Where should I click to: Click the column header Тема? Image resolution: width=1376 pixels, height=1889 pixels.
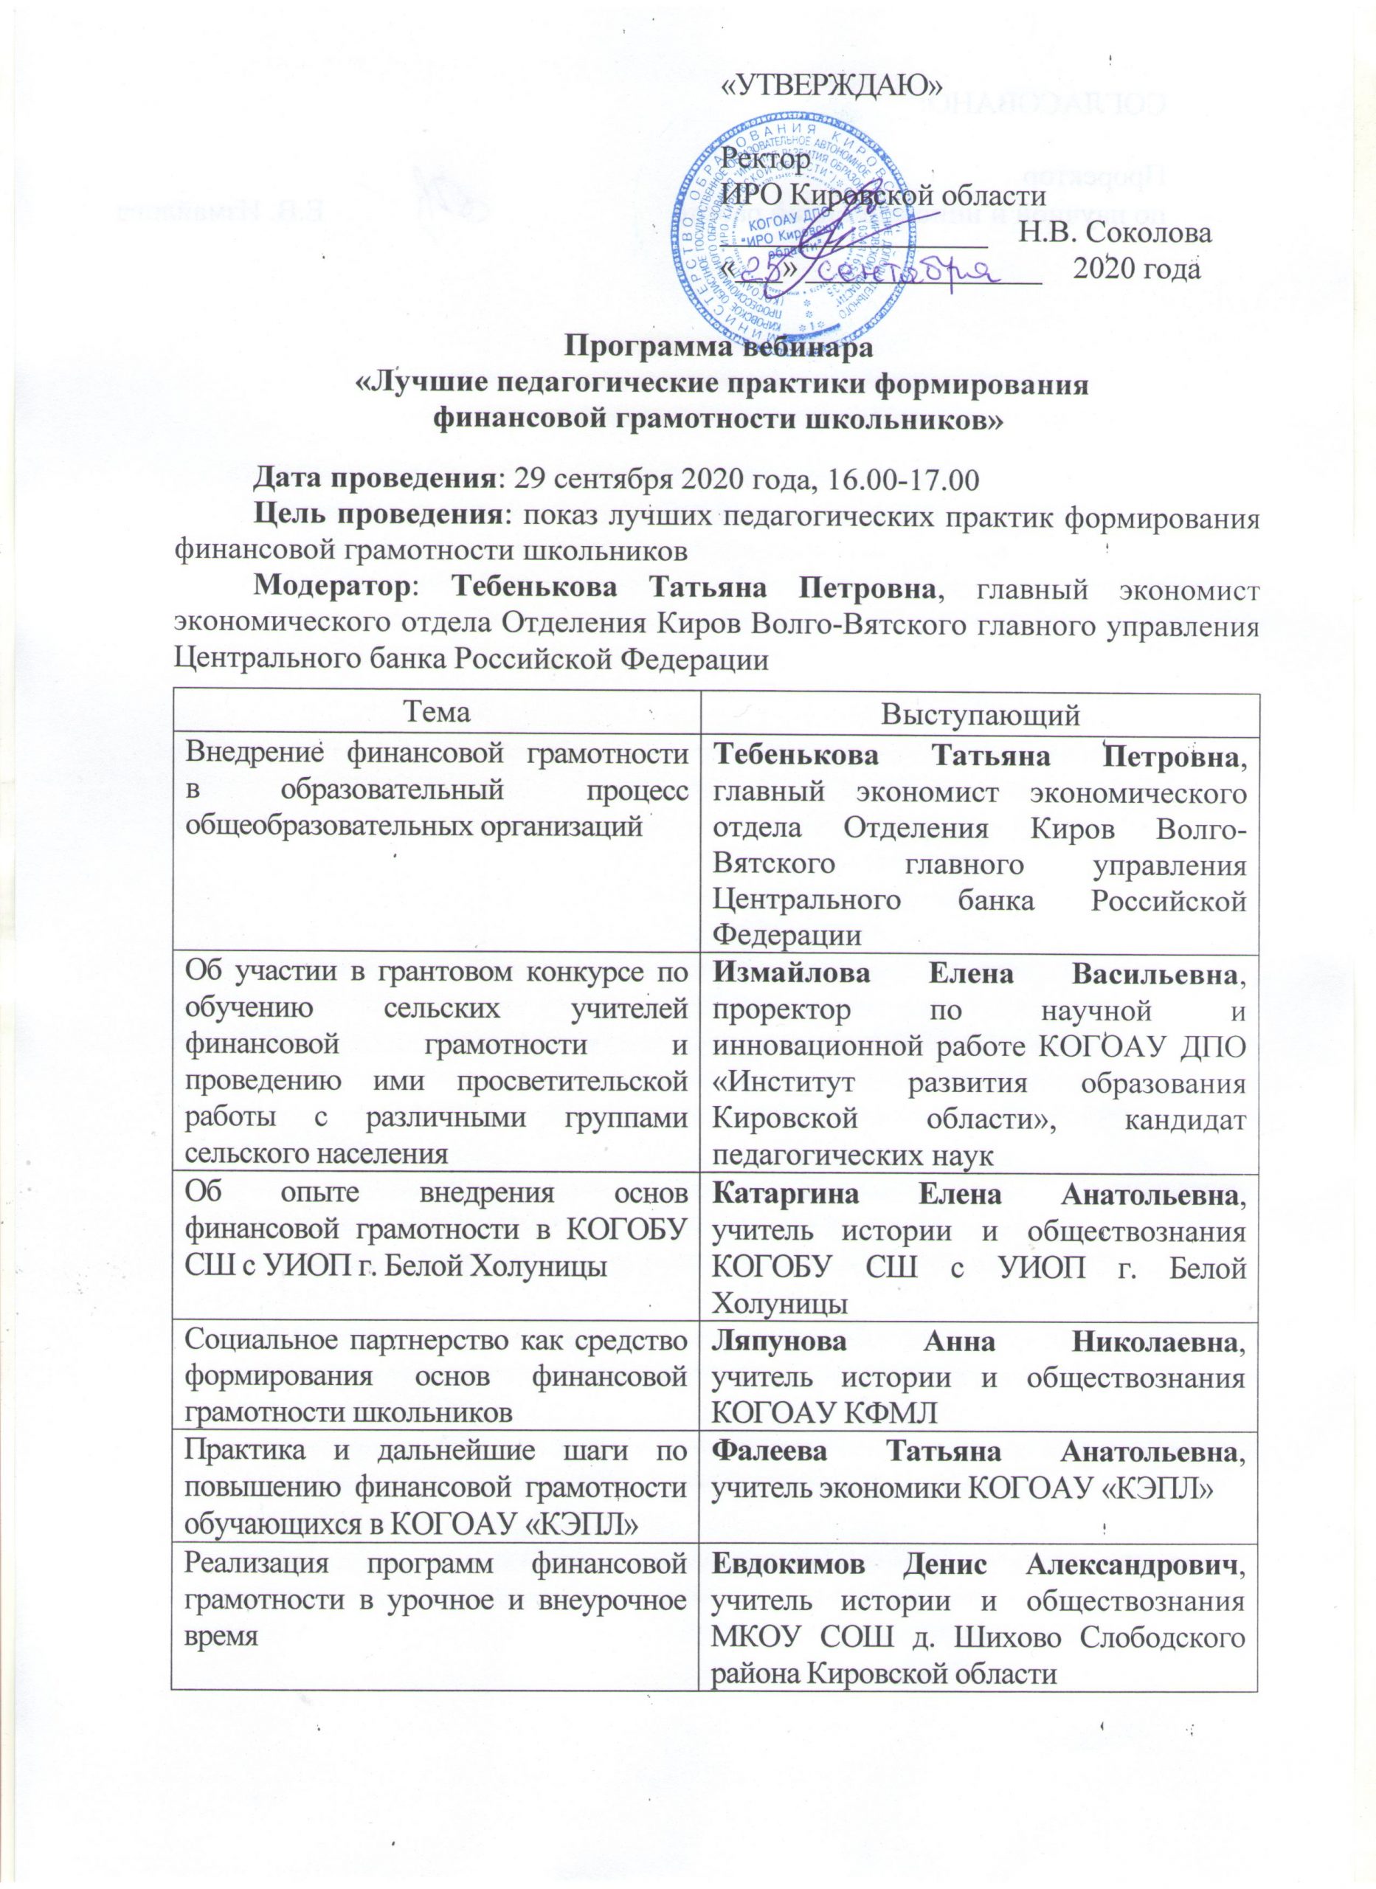(x=434, y=714)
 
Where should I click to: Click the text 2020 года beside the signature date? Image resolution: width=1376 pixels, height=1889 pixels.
(x=1137, y=271)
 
